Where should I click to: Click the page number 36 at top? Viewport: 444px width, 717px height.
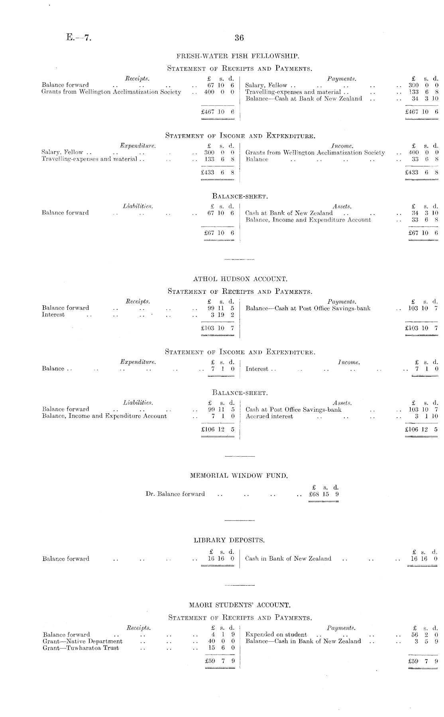click(239, 38)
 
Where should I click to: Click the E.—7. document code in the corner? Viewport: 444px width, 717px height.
click(79, 38)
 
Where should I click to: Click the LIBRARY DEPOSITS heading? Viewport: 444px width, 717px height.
click(229, 540)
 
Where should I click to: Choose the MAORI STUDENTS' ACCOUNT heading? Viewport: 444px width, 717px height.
click(239, 605)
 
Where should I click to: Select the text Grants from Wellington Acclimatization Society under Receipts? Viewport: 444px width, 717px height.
click(111, 92)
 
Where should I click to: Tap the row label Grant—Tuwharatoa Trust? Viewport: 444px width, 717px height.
click(81, 648)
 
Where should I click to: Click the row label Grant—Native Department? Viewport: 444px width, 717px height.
click(83, 641)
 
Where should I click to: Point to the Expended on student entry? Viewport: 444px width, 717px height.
click(276, 635)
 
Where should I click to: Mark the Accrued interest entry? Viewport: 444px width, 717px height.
click(269, 416)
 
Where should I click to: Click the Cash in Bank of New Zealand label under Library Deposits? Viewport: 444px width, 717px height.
click(288, 559)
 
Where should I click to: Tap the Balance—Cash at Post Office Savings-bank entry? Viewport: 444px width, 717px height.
click(308, 308)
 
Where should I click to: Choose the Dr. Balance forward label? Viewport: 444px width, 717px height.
click(175, 494)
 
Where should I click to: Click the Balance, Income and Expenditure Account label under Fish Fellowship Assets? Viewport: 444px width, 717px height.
click(308, 220)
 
